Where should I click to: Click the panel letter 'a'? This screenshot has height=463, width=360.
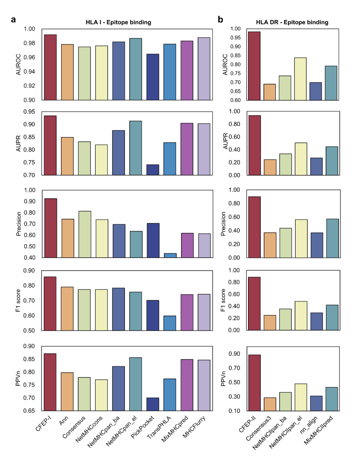tap(13, 20)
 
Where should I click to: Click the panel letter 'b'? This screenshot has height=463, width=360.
tap(220, 20)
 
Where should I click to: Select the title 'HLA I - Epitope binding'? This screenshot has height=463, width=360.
tap(118, 22)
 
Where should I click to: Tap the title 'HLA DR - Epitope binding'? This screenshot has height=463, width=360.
tap(292, 22)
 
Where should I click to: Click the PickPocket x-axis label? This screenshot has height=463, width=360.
tap(143, 427)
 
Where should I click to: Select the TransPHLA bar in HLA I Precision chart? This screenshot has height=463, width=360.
tap(170, 255)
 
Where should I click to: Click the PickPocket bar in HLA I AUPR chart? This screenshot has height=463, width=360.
tap(153, 170)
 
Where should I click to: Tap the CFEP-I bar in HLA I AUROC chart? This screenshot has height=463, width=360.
tap(50, 67)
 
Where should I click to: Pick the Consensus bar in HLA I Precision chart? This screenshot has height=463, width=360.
tap(85, 234)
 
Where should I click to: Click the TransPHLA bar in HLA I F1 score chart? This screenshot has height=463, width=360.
tap(170, 323)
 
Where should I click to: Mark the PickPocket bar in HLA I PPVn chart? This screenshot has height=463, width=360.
tap(153, 404)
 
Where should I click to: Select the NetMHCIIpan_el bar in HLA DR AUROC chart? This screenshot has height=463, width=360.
tap(300, 79)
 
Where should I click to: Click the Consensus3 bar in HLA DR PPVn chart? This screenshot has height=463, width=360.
tap(270, 404)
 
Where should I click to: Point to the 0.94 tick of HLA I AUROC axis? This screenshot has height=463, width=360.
tap(29, 72)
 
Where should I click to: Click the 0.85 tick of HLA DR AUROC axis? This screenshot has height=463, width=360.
tap(236, 56)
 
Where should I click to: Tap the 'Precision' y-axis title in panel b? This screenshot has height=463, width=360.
tap(223, 224)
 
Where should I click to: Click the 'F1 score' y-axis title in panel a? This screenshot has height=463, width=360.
tap(18, 300)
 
